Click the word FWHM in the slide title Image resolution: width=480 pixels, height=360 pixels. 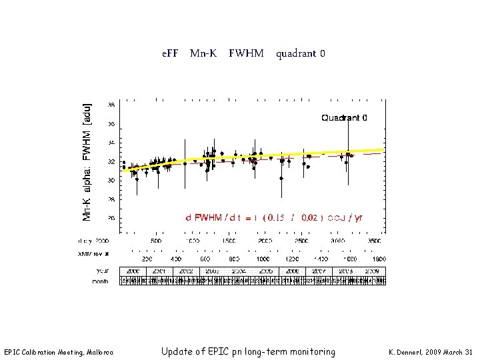coord(246,53)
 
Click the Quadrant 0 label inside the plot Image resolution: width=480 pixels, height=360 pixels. coord(344,118)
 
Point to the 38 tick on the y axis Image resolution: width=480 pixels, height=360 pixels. coord(111,105)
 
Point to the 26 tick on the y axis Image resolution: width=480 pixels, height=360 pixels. coord(111,218)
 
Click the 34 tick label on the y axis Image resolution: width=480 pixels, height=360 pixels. coord(111,143)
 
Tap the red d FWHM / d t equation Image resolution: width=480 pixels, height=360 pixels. coord(274,217)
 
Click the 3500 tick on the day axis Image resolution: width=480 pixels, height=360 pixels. coord(375,241)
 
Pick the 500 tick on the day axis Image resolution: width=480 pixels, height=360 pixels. coord(155,241)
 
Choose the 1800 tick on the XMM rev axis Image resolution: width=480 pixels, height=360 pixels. coord(379,258)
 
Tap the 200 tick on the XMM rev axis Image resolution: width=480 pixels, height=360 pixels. coord(147,258)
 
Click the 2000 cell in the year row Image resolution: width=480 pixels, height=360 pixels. coord(133,271)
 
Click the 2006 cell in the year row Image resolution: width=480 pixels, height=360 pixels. coord(292,271)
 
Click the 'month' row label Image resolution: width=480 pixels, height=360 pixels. coord(100,282)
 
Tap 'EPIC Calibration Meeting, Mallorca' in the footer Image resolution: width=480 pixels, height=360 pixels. coord(59,352)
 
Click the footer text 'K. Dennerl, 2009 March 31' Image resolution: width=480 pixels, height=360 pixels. coord(430,352)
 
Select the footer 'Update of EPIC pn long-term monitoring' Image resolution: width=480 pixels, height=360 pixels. coord(248,351)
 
